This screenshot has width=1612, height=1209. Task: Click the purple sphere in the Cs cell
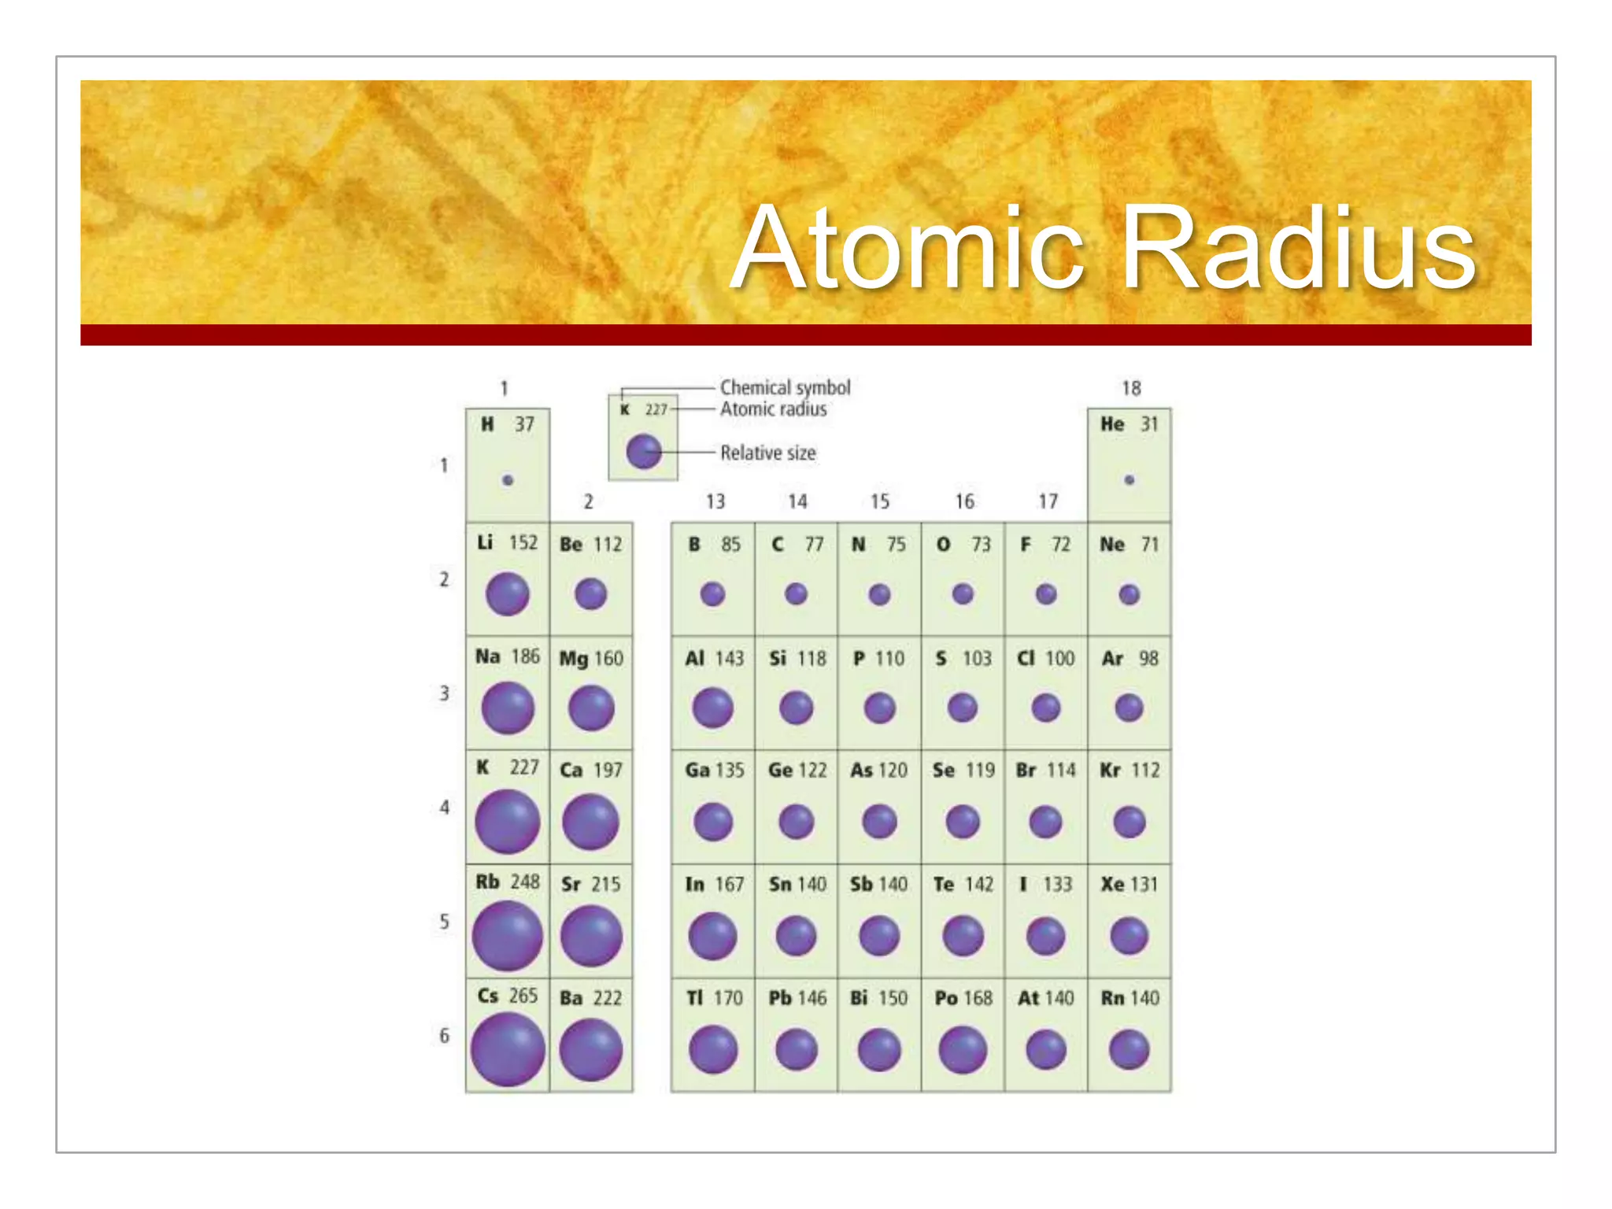[508, 1049]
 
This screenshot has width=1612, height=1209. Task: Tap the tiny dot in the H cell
[508, 480]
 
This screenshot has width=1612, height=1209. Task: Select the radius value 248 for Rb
[525, 882]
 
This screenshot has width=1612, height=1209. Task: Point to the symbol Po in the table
[945, 998]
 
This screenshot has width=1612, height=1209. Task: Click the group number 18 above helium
[1131, 388]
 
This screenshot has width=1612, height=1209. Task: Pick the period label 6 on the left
[445, 1035]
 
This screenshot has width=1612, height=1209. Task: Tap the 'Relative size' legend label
[768, 453]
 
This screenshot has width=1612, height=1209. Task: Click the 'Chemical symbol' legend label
[786, 387]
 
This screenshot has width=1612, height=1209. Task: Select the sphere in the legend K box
[644, 451]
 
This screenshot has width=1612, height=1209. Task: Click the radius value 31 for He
[1149, 424]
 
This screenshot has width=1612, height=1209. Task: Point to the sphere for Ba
[591, 1049]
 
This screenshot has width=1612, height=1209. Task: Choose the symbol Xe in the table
[1112, 884]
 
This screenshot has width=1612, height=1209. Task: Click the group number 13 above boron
[715, 501]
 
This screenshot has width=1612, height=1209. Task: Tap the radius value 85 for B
[730, 544]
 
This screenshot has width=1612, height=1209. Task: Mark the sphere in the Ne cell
[1129, 594]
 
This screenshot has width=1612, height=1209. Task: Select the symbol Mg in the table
[573, 658]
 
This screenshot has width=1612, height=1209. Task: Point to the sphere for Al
[713, 708]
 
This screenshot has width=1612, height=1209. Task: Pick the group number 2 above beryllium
[588, 501]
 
